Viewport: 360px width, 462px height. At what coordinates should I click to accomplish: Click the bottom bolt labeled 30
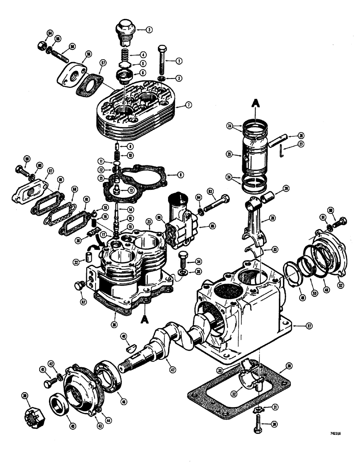[x=258, y=426]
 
